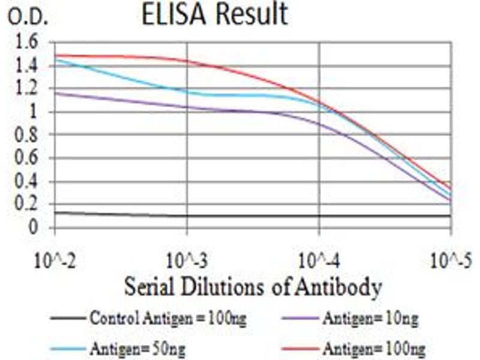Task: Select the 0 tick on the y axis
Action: point(34,228)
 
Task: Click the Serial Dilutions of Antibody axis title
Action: point(253,287)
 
